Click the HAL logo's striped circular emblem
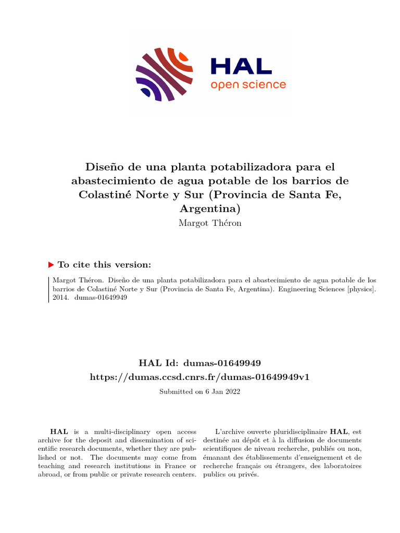click(x=164, y=75)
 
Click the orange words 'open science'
click(x=248, y=85)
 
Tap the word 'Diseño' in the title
click(x=103, y=167)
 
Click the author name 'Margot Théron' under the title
click(x=210, y=223)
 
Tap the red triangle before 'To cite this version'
click(x=51, y=264)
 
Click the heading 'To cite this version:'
click(x=104, y=264)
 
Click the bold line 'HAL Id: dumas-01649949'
click(x=200, y=362)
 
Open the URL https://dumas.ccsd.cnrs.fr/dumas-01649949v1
click(x=200, y=376)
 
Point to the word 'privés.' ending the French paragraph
click(x=247, y=474)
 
